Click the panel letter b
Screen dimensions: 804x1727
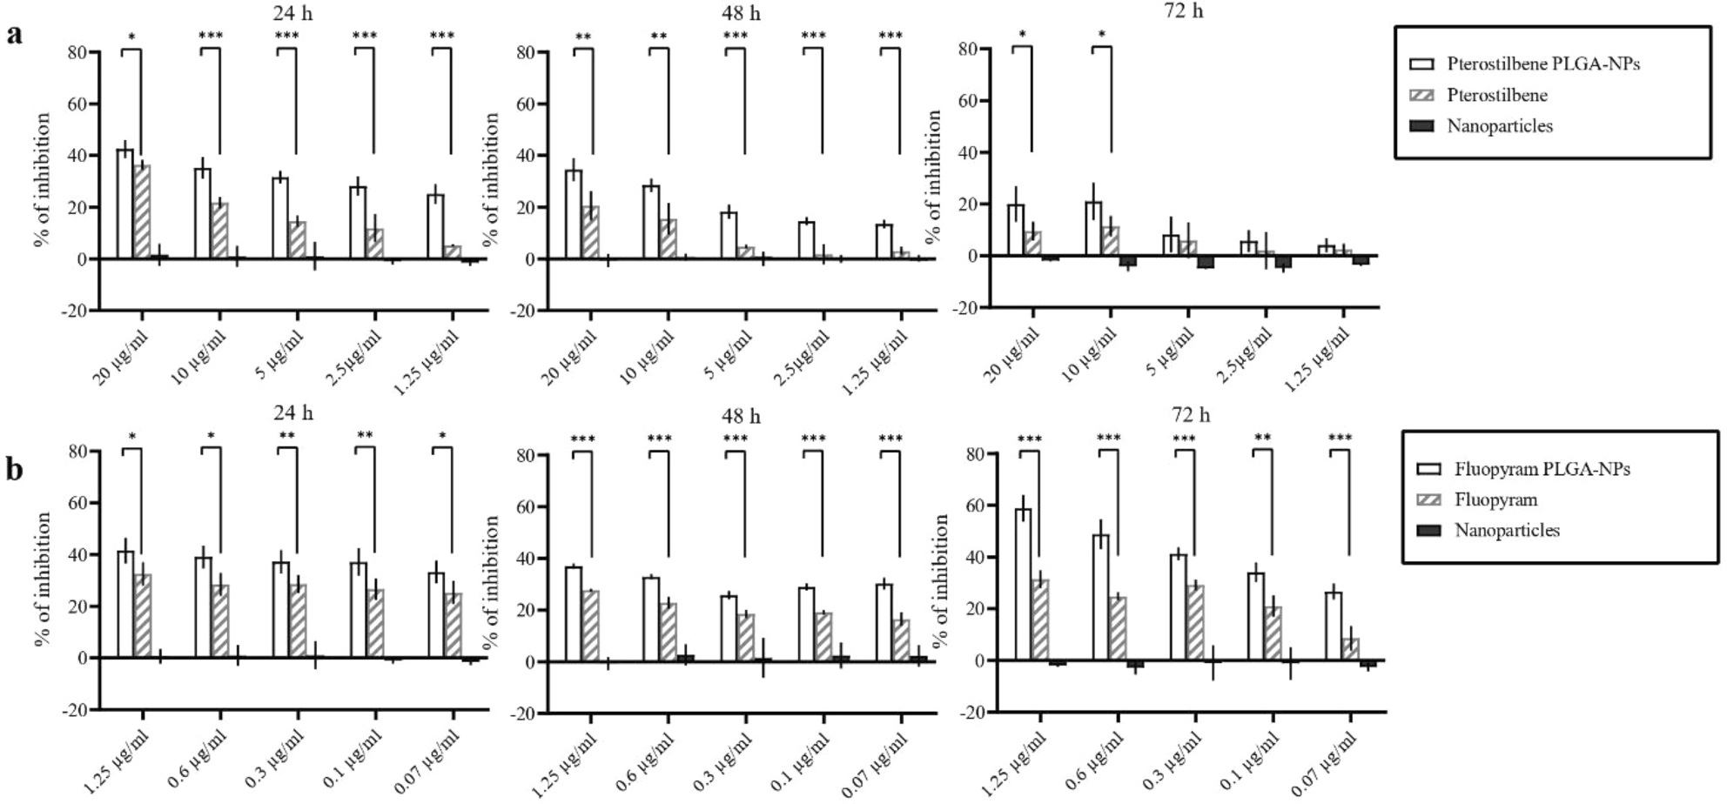(15, 471)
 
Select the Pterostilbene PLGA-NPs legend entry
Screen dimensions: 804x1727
(1542, 64)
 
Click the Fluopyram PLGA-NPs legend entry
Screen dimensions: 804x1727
(1542, 470)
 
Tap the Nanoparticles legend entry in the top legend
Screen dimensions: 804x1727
(1499, 126)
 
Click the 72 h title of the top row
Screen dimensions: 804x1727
(1183, 11)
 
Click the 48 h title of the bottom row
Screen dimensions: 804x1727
(740, 417)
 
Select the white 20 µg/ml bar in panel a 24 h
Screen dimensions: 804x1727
(125, 204)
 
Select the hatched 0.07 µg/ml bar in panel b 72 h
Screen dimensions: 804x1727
(1350, 650)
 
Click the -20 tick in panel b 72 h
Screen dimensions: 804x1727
(973, 713)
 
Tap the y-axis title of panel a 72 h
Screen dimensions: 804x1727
(934, 177)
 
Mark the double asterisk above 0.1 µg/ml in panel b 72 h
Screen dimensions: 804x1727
(1262, 439)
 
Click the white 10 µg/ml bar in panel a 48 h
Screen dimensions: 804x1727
(650, 223)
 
